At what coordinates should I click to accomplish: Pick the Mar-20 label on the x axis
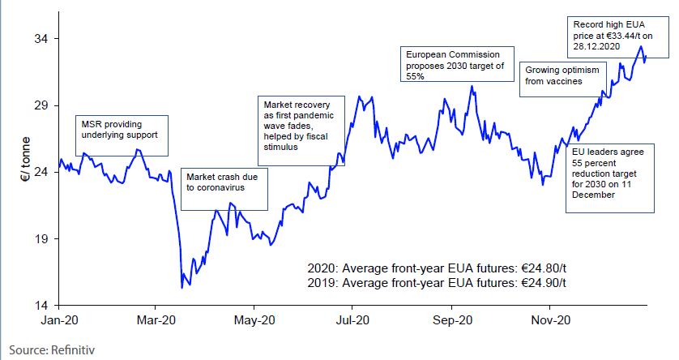click(156, 320)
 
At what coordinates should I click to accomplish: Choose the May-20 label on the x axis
click(254, 320)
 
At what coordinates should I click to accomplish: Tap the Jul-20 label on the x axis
click(352, 320)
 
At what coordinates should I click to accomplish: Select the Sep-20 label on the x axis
click(452, 320)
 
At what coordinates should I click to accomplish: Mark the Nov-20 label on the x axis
click(549, 320)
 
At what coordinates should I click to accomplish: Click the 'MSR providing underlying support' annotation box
click(122, 135)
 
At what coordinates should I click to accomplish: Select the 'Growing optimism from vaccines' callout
click(559, 75)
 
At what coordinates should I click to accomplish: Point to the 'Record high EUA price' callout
click(609, 35)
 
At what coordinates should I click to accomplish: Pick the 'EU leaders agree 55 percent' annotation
click(610, 178)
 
